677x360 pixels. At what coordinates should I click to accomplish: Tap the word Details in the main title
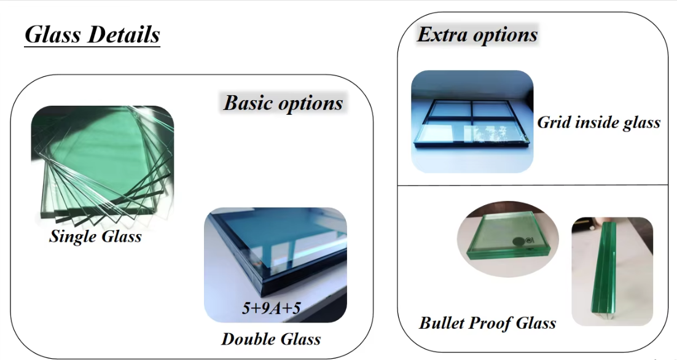124,34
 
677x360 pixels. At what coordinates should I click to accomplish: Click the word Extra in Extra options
441,34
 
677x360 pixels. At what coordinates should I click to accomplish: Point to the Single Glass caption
95,237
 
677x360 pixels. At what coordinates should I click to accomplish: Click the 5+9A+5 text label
271,308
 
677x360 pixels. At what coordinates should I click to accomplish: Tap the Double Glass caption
271,339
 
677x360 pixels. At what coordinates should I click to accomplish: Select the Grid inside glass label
599,123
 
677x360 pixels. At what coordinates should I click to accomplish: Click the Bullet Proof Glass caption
488,323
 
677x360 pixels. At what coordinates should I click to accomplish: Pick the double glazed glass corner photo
275,265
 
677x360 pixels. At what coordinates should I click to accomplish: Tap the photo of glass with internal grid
472,121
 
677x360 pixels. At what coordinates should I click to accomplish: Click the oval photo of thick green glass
507,238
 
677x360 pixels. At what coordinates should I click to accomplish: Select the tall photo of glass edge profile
612,272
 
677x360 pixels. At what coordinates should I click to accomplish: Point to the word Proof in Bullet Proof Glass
496,324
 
